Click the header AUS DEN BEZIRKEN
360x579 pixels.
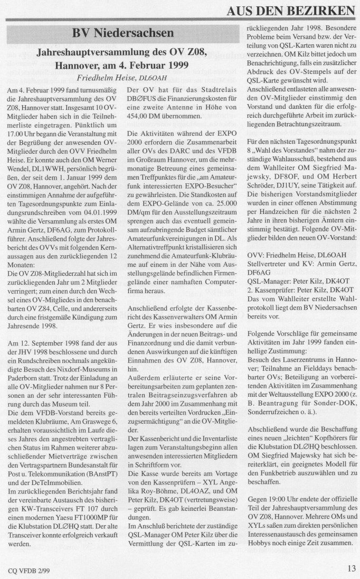[x=291, y=10]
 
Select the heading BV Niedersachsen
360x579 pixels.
[x=122, y=33]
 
